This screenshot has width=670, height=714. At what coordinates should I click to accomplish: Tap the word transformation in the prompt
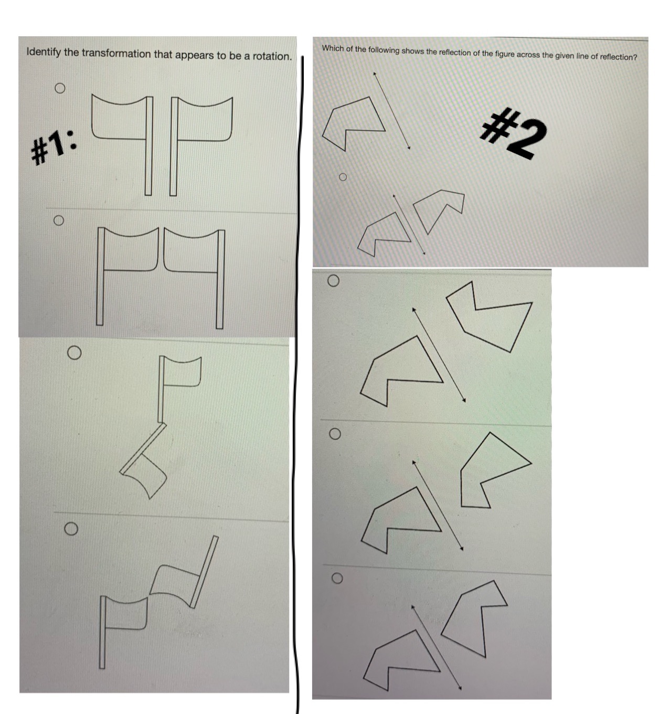point(115,54)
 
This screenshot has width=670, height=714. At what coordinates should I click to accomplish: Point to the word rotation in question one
point(271,56)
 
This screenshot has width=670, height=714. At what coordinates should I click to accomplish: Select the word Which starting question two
point(333,48)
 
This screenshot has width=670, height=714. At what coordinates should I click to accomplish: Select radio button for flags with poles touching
point(60,88)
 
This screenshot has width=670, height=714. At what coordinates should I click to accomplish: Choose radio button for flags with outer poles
point(59,220)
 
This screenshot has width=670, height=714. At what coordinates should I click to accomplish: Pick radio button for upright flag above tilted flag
point(74,353)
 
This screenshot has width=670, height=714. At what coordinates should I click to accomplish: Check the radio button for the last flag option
point(71,528)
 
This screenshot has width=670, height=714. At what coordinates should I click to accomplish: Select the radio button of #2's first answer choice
point(343,177)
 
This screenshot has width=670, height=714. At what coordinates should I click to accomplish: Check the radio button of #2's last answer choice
point(337,578)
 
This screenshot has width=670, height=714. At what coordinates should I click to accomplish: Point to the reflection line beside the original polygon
point(391,111)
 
